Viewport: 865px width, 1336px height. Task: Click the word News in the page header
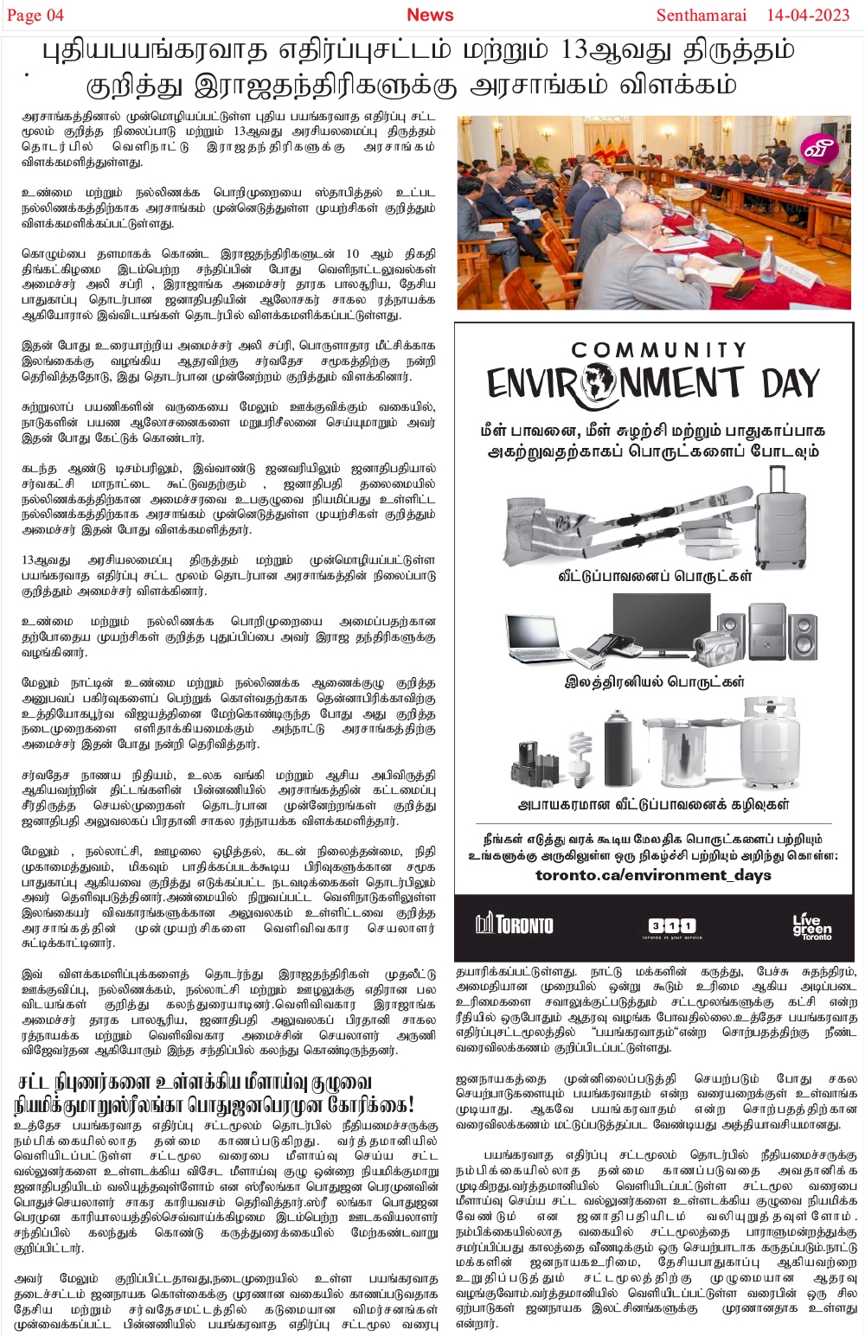click(430, 15)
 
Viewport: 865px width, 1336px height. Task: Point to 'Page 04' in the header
click(35, 16)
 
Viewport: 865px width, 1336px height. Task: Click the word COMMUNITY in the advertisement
click(658, 350)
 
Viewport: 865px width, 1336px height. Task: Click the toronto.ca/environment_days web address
click(653, 875)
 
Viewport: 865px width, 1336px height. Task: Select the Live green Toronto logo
click(811, 926)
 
